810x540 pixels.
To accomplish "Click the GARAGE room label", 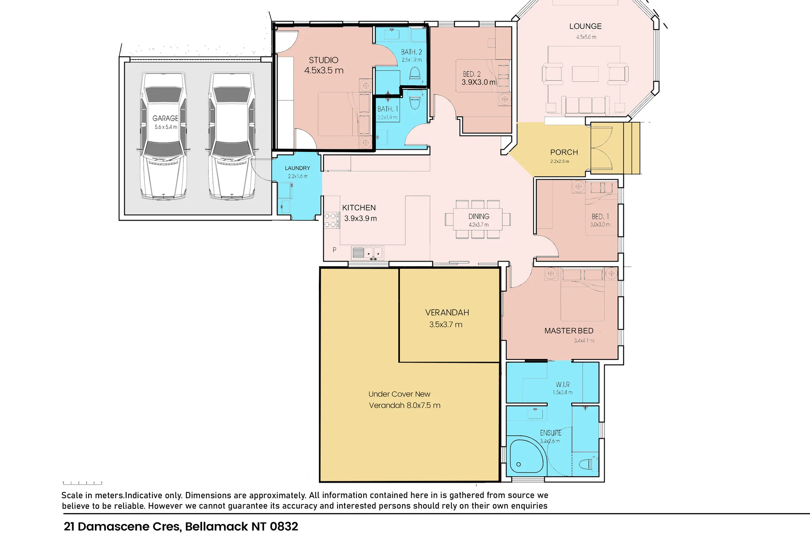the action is (165, 119).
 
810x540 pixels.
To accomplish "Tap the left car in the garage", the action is (164, 136).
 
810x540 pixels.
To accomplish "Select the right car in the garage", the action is (232, 136).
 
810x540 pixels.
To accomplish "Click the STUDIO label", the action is (324, 60).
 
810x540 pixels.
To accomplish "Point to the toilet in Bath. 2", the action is (415, 73).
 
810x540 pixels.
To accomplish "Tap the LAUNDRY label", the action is (297, 168).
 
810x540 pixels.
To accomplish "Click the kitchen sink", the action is (367, 253).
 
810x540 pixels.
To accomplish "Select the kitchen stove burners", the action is (330, 220).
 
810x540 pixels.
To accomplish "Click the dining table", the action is (478, 219).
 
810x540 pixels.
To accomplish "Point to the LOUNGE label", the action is (586, 26).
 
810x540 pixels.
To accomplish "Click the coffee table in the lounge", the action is (585, 74).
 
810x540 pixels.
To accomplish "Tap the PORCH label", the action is (564, 152).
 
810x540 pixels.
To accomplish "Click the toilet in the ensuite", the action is (588, 464).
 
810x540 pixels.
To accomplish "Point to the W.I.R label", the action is (563, 385).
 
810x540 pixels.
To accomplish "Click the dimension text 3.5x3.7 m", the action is (446, 324).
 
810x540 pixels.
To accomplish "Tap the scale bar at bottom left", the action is (83, 483).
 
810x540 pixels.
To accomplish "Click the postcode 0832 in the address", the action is (284, 526).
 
